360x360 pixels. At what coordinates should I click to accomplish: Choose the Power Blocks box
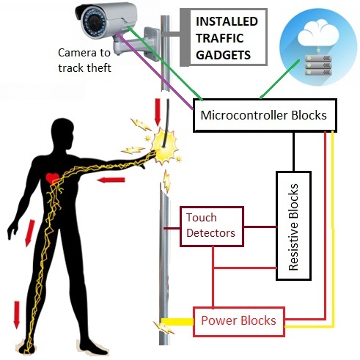click(239, 320)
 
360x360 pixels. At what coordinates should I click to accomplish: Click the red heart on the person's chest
click(51, 178)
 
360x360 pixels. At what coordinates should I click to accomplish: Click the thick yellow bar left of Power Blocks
click(177, 321)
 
